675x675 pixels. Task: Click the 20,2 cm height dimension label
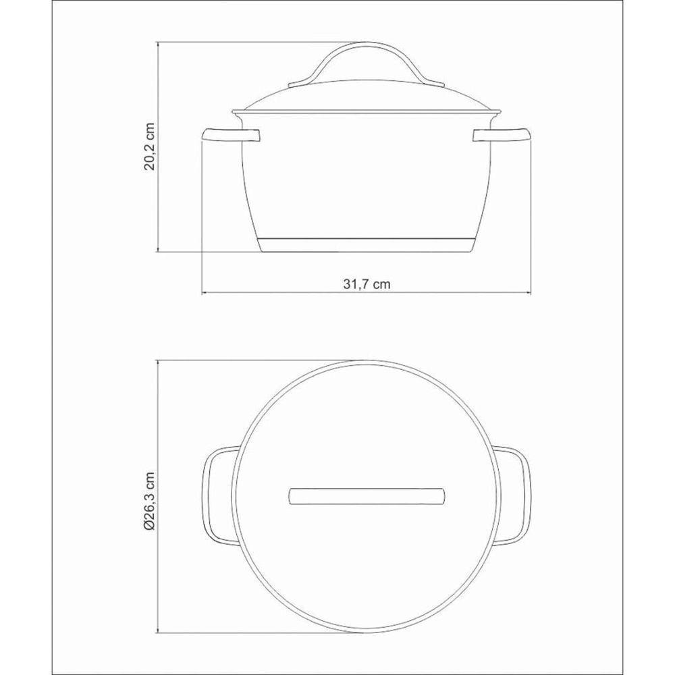click(150, 147)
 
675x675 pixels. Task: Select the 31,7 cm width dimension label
click(367, 284)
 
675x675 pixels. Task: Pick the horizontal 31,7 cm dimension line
click(367, 293)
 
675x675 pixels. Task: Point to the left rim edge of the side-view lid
click(234, 112)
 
